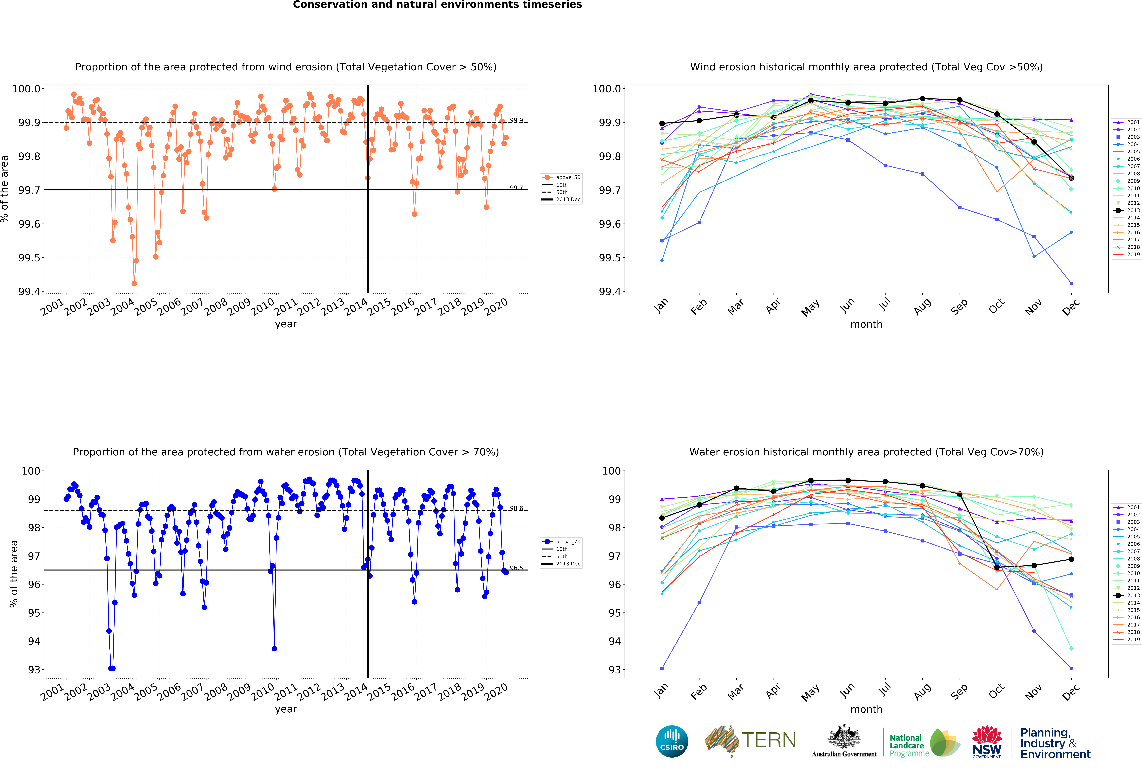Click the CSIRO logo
(672, 741)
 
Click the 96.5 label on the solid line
(516, 568)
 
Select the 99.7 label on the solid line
(516, 188)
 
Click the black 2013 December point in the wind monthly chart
(1071, 178)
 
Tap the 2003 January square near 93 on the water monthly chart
(662, 668)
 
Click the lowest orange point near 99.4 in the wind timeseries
(134, 283)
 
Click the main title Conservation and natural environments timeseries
(437, 5)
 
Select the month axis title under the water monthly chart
(866, 709)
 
